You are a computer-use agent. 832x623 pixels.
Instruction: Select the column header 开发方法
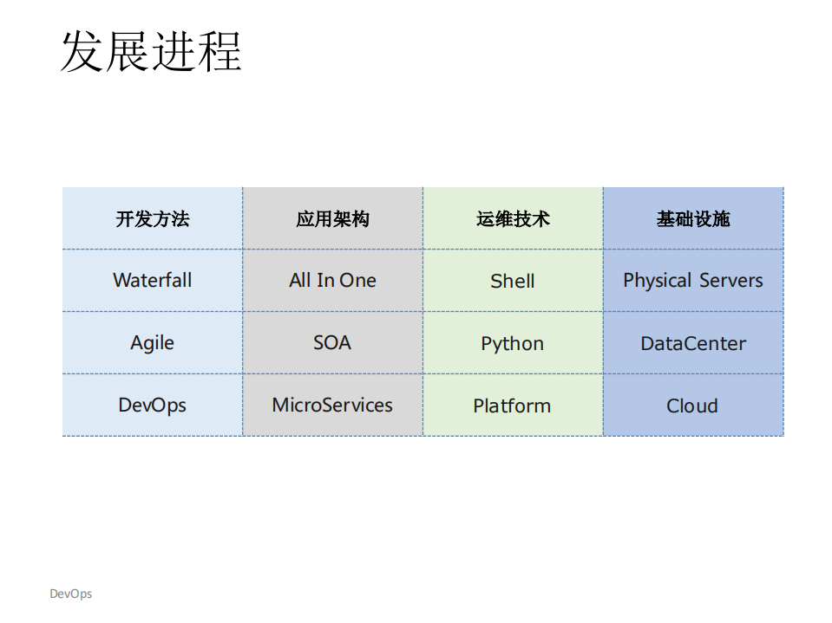pos(153,219)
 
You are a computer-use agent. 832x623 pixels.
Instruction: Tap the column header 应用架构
pos(332,219)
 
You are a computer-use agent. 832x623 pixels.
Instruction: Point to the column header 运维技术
pos(513,219)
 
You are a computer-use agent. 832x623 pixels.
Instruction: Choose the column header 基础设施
pos(693,219)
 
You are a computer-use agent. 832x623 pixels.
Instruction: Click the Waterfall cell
pos(153,281)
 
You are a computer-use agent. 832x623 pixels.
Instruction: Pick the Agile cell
pos(153,343)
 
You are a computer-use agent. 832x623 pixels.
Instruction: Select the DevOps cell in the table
pos(153,406)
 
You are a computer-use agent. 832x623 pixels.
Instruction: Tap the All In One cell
pos(332,281)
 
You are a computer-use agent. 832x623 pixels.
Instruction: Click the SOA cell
pos(332,343)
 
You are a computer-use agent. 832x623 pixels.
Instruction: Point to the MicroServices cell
pos(332,406)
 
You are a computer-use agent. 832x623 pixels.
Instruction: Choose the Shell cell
pos(513,282)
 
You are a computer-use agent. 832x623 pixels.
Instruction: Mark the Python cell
pos(513,344)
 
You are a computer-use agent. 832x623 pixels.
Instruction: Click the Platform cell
pos(513,406)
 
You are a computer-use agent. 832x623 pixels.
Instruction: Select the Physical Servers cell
pos(693,281)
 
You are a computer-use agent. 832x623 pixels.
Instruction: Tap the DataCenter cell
pos(693,344)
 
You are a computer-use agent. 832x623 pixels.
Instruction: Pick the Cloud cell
pos(692,406)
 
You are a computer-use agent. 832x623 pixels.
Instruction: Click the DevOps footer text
pos(70,594)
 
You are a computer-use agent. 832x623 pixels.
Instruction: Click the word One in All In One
pos(357,281)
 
